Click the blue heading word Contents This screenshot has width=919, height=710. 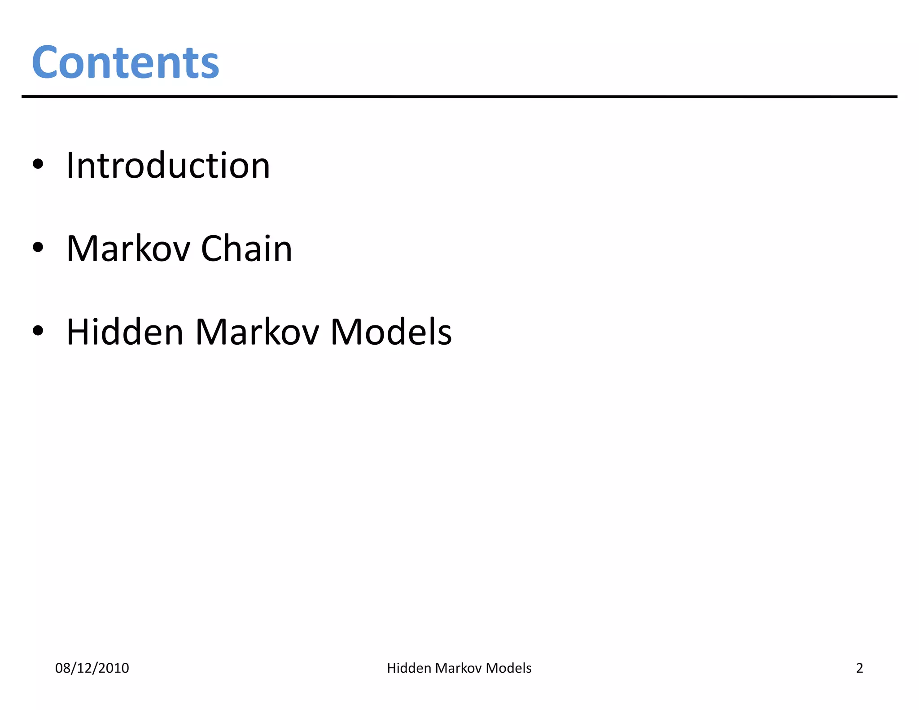click(x=125, y=62)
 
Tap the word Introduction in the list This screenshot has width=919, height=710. click(x=168, y=165)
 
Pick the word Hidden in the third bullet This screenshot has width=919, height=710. click(x=125, y=332)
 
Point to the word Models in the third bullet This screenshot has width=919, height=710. click(x=391, y=332)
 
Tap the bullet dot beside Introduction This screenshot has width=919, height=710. click(x=38, y=164)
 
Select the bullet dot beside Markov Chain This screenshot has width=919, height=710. click(x=38, y=247)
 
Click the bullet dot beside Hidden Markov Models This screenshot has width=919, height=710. click(x=38, y=331)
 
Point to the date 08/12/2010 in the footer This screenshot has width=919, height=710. click(x=92, y=668)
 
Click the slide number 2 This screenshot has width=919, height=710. click(x=859, y=668)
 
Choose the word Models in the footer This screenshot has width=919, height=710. click(x=508, y=668)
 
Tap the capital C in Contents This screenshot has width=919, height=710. click(x=45, y=62)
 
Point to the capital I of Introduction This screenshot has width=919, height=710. click(x=70, y=165)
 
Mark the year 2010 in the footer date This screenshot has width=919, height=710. click(x=114, y=668)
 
